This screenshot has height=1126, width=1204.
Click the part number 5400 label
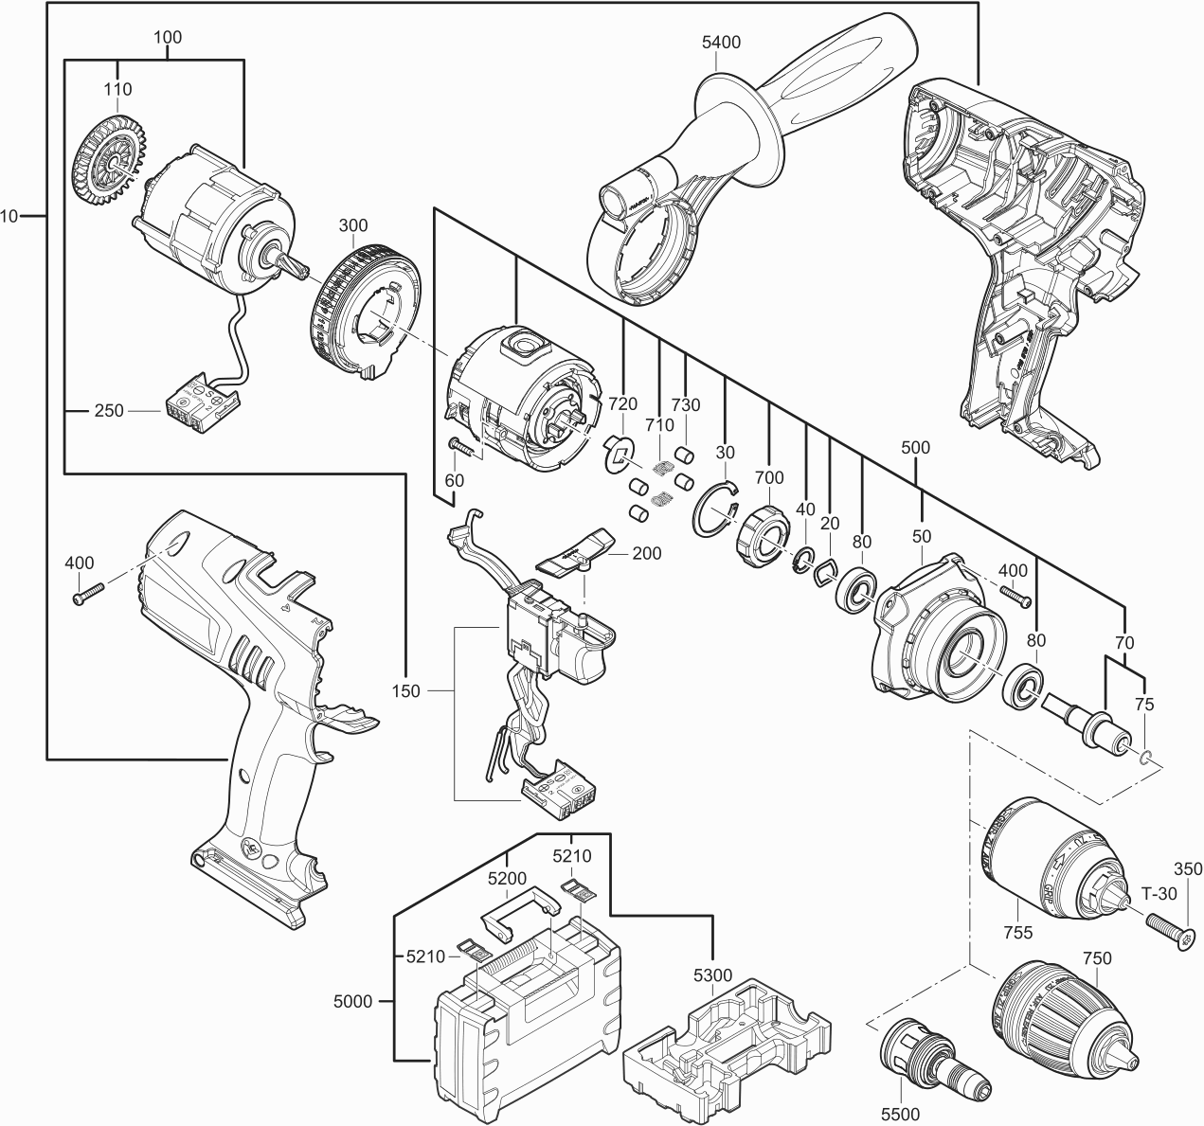point(721,43)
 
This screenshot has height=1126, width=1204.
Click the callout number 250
point(108,412)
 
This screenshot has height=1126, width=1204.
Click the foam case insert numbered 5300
point(727,1046)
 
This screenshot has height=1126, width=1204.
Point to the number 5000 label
point(353,1000)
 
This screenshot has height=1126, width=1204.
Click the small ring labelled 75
point(1145,756)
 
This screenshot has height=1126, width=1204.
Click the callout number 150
point(405,691)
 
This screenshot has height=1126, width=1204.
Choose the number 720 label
point(622,404)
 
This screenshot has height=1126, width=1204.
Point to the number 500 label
point(916,446)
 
